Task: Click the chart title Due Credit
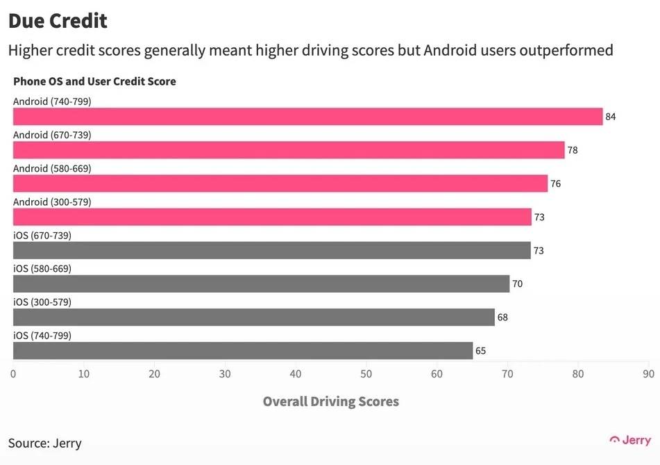pyautogui.click(x=58, y=21)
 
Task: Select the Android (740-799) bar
pyautogui.click(x=307, y=117)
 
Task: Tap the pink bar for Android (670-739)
pyautogui.click(x=289, y=150)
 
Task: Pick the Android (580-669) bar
pyautogui.click(x=280, y=183)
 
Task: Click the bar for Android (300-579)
pyautogui.click(x=272, y=217)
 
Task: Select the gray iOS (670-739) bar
pyautogui.click(x=272, y=250)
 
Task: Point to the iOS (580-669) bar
pyautogui.click(x=261, y=284)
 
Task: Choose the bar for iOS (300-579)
pyautogui.click(x=254, y=317)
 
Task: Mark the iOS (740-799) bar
pyautogui.click(x=243, y=350)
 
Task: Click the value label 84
pyautogui.click(x=611, y=117)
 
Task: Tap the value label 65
pyautogui.click(x=480, y=351)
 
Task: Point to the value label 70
pyautogui.click(x=517, y=284)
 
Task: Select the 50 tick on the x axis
pyautogui.click(x=366, y=374)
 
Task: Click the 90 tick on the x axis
pyautogui.click(x=648, y=374)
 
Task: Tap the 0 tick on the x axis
pyautogui.click(x=13, y=374)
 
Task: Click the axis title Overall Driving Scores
pyautogui.click(x=330, y=402)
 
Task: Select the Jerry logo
pyautogui.click(x=630, y=440)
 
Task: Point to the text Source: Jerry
pyautogui.click(x=45, y=443)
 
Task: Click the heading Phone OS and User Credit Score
pyautogui.click(x=94, y=81)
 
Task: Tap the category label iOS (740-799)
pyautogui.click(x=42, y=336)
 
